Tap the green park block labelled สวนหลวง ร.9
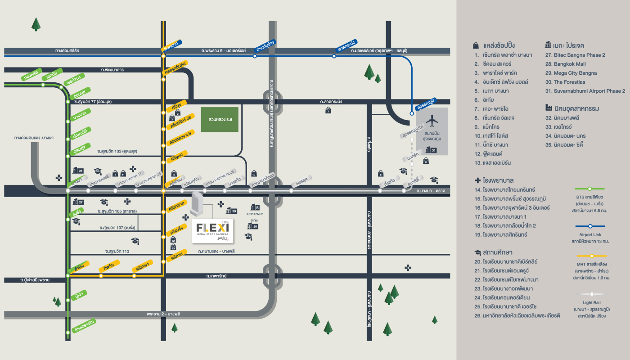[219, 120]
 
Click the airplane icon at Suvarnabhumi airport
[432, 121]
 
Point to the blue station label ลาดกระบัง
[346, 46]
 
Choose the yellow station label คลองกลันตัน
[175, 67]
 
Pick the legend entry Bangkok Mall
[565, 64]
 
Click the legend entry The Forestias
[565, 82]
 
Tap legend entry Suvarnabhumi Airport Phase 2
[585, 91]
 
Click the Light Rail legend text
[591, 303]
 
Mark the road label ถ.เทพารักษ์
[216, 275]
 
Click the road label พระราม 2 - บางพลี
[163, 313]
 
